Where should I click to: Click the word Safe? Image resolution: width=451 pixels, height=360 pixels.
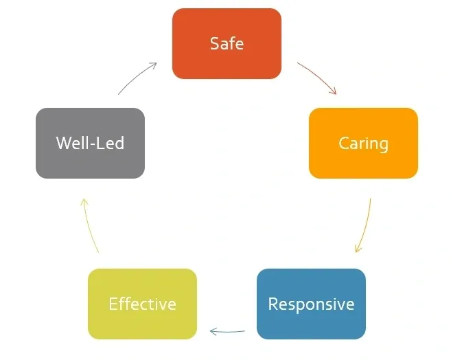point(227,44)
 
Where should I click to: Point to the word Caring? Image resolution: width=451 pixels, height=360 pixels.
point(363,144)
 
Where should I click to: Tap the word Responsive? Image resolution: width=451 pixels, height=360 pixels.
point(311,304)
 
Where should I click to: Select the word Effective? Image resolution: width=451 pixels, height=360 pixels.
point(142,304)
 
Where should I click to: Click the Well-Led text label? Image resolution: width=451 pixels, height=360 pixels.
point(90,144)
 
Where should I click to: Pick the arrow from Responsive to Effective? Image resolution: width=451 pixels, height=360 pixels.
point(227,332)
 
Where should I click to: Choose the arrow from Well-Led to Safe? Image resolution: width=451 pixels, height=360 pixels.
point(137,76)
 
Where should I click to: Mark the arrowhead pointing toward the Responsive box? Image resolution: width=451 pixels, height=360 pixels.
point(357,249)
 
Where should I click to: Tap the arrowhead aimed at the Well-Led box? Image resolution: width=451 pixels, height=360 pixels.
point(83,201)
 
